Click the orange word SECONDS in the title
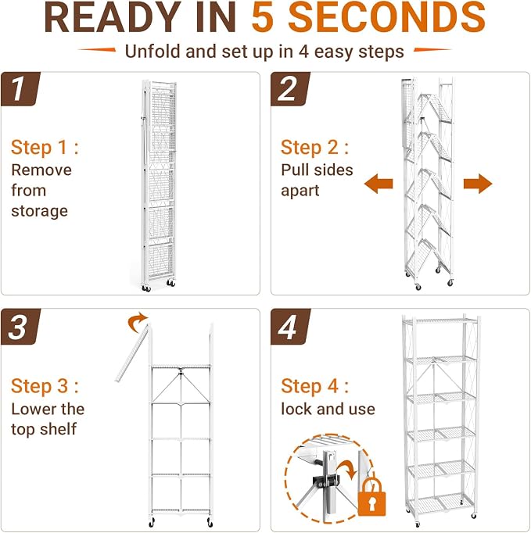click(x=387, y=17)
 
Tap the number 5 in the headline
click(x=263, y=17)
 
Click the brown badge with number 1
click(x=20, y=89)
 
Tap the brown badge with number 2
click(x=290, y=89)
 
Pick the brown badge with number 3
click(x=20, y=327)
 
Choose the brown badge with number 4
click(x=290, y=327)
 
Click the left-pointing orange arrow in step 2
click(x=379, y=184)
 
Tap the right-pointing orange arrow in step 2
click(x=478, y=184)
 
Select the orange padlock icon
click(x=371, y=496)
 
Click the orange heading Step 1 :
click(x=45, y=148)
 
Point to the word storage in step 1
click(x=39, y=211)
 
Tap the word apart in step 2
click(x=300, y=191)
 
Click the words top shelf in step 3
click(x=44, y=428)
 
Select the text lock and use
click(x=328, y=409)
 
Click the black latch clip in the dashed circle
click(x=326, y=481)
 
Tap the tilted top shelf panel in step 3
click(x=132, y=353)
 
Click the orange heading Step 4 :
click(x=314, y=387)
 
